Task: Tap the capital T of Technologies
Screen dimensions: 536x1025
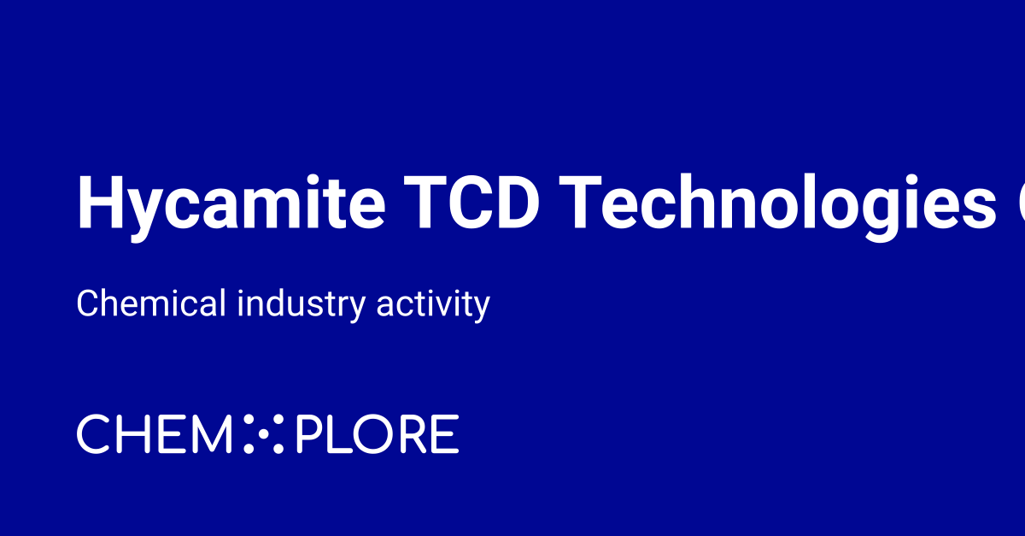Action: pyautogui.click(x=585, y=203)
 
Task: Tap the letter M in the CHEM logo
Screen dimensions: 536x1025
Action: pyautogui.click(x=212, y=434)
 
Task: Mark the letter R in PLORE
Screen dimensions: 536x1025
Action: pyautogui.click(x=413, y=434)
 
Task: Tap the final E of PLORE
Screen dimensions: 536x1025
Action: pyautogui.click(x=447, y=434)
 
